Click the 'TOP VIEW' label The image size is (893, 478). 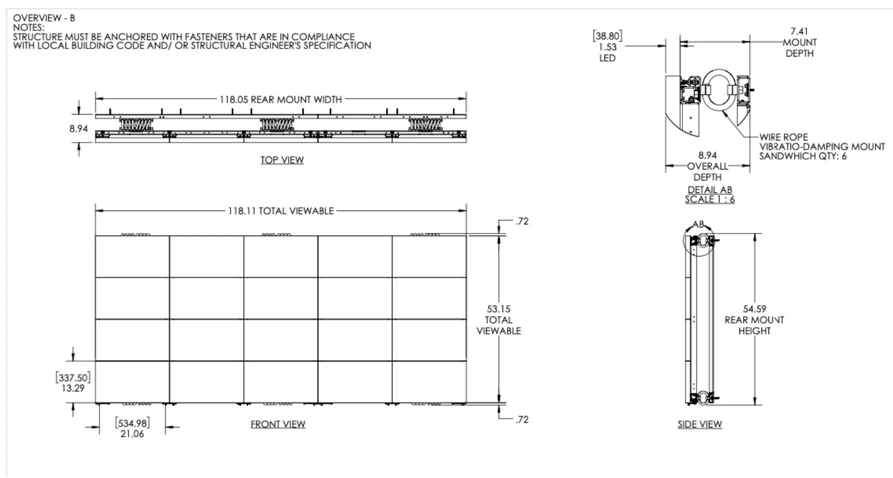click(282, 160)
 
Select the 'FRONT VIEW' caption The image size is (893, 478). click(278, 424)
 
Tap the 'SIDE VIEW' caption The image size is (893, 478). click(699, 424)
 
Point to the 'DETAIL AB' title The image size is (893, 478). click(709, 190)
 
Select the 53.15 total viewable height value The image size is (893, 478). click(498, 309)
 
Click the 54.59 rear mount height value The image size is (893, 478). click(754, 309)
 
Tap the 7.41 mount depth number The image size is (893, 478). click(799, 31)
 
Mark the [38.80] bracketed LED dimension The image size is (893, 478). click(607, 36)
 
